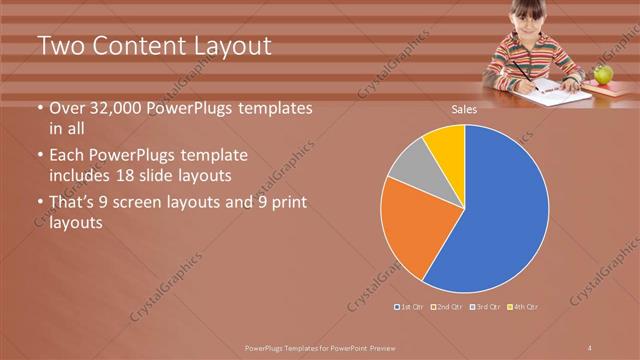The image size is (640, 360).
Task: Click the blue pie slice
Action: point(500,200)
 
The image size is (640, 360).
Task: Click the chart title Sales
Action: point(463,109)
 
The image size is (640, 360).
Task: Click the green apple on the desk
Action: point(603,74)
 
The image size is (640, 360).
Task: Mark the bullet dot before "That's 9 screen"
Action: point(40,204)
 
